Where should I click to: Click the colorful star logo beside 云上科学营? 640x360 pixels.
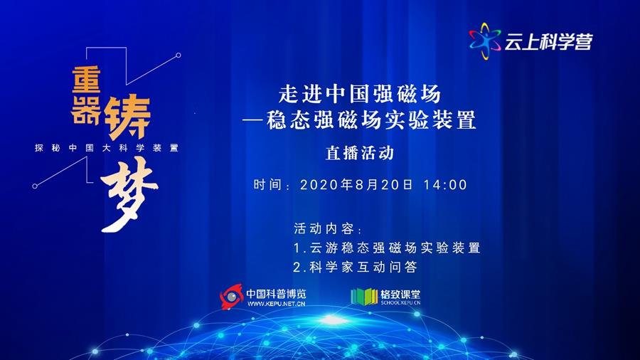485,41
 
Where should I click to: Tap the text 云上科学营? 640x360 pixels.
548,42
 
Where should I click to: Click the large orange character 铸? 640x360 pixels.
128,117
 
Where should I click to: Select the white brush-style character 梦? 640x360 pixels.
129,194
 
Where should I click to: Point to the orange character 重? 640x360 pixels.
87,80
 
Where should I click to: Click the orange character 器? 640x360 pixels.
86,110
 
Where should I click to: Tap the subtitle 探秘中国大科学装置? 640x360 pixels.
107,148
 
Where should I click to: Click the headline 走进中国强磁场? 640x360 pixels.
360,95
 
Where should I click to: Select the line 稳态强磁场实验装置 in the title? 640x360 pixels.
371,120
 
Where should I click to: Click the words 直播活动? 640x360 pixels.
360,153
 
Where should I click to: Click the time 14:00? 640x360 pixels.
445,185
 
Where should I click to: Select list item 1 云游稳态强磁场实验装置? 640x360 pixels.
387,248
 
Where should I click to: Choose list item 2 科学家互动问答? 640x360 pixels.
355,267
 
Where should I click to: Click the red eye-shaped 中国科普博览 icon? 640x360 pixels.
231,297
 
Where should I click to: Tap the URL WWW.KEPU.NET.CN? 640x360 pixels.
277,304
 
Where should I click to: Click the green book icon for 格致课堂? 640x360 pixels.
364,297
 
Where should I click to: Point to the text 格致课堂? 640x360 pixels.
400,294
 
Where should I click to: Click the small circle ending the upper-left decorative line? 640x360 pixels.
178,55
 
